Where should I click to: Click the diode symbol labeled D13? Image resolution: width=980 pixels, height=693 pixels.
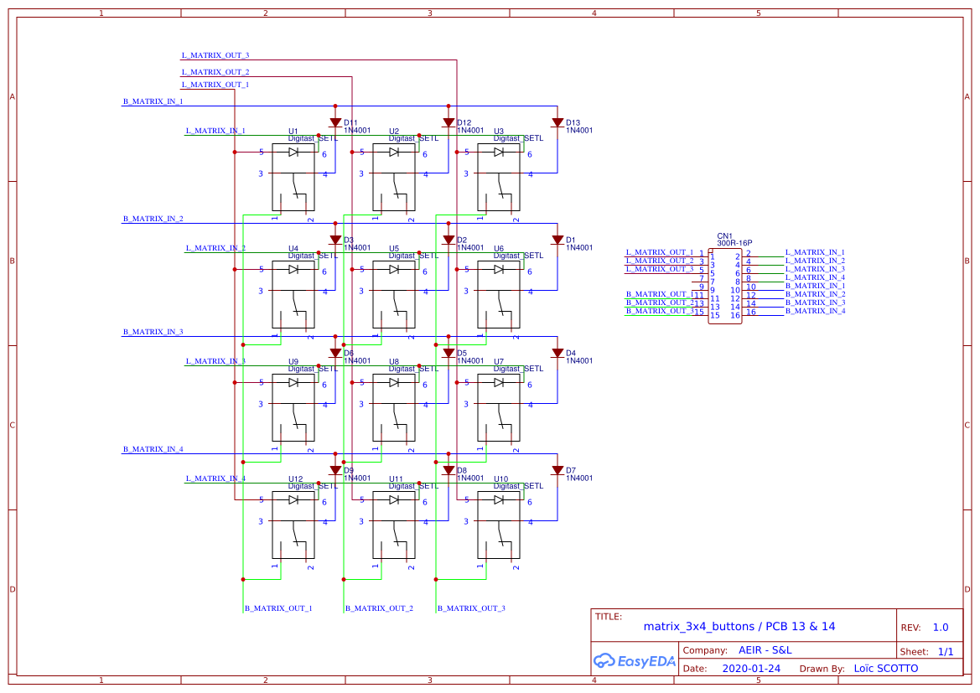point(557,122)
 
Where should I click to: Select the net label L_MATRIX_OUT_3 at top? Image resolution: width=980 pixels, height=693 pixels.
point(215,55)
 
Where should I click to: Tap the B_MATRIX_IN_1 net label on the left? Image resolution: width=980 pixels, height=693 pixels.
point(153,101)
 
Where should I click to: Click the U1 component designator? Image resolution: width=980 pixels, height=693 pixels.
point(293,132)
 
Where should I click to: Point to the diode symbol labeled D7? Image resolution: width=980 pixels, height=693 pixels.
point(557,470)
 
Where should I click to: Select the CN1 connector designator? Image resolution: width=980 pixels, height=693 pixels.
point(724,236)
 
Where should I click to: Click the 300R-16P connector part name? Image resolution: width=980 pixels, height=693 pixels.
point(729,243)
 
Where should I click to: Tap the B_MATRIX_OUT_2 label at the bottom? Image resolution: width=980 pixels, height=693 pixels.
point(379,608)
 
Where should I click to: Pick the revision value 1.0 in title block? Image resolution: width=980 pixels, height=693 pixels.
point(941,628)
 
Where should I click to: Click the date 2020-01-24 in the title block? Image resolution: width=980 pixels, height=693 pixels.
point(750,669)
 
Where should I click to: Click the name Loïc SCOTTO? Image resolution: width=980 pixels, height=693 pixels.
point(885,669)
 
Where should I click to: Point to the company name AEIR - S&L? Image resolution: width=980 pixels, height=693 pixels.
point(765,650)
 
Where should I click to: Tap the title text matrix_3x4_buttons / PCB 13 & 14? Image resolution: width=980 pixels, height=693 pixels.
point(739,626)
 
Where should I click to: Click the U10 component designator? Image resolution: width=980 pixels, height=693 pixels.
point(501,479)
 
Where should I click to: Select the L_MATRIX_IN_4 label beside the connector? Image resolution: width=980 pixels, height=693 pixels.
point(815,277)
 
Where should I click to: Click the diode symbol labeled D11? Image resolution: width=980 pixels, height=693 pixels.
point(335,122)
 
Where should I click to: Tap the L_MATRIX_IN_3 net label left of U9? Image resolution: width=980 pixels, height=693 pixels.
point(215,361)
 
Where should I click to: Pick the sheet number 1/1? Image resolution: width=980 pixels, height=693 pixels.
point(945,651)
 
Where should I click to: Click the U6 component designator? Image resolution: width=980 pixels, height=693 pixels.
point(499,249)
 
